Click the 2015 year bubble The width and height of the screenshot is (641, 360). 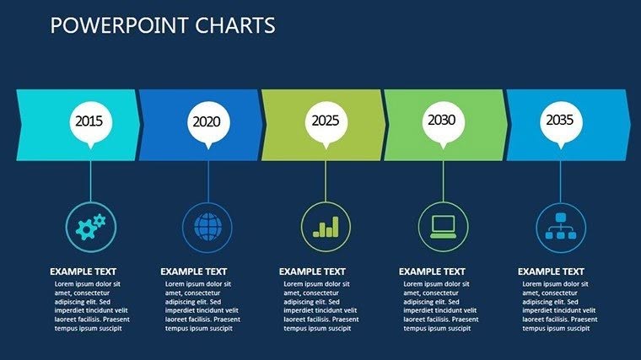[x=89, y=121]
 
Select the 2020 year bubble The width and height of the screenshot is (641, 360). [x=207, y=121]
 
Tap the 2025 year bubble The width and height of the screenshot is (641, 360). [x=325, y=121]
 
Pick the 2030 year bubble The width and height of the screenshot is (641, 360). [x=442, y=121]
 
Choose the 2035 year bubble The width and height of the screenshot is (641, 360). [x=560, y=121]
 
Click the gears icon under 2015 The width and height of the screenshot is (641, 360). [x=90, y=226]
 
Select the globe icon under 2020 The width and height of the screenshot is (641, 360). [x=207, y=226]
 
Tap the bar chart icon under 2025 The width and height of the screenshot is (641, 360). [x=326, y=226]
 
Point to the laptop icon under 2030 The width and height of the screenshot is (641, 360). [x=443, y=226]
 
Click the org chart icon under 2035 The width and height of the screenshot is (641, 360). [x=561, y=226]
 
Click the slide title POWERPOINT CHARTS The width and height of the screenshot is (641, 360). [x=163, y=26]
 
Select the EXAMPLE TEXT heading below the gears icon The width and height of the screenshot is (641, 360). [x=83, y=271]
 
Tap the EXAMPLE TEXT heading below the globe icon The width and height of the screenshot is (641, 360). [x=193, y=271]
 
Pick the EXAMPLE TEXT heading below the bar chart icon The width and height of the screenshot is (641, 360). [x=312, y=271]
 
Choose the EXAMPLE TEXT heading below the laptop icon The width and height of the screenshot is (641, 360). [x=432, y=271]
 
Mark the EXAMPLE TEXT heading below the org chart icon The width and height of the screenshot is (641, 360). [x=551, y=271]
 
